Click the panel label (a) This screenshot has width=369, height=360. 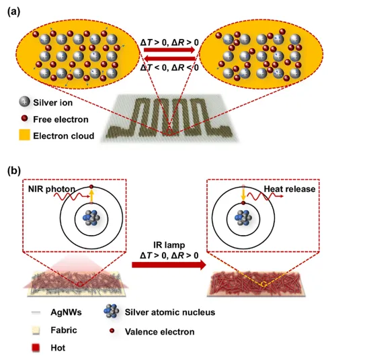click(14, 12)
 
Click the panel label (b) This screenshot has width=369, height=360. click(14, 171)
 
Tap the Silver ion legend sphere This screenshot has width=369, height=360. click(24, 102)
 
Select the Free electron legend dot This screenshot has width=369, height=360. click(24, 118)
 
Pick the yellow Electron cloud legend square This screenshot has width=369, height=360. click(24, 135)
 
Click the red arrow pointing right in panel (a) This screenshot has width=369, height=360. click(169, 50)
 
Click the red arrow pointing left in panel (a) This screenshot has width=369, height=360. click(169, 58)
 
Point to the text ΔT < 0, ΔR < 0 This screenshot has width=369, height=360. click(169, 68)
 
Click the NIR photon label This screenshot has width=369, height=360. click(52, 189)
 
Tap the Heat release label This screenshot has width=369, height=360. click(290, 189)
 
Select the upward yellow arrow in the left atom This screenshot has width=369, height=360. click(91, 195)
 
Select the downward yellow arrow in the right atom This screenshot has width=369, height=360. click(243, 194)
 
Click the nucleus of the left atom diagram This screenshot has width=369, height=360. click(91, 218)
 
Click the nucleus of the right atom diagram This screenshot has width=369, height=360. click(243, 218)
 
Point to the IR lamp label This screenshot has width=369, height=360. click(169, 245)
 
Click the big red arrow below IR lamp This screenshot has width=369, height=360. click(169, 265)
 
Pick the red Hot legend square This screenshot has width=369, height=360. click(36, 348)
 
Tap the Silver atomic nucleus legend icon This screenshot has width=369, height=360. click(111, 311)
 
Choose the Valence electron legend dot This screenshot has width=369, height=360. click(112, 330)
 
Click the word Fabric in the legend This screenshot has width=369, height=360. click(64, 330)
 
